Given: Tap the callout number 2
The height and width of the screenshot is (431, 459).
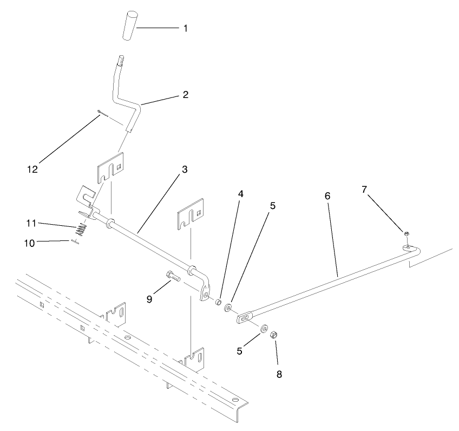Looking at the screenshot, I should [185, 95].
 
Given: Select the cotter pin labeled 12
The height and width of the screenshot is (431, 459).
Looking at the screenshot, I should [102, 113].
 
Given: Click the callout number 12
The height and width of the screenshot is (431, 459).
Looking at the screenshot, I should [32, 169].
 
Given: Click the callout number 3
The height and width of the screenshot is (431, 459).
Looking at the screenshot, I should [185, 169].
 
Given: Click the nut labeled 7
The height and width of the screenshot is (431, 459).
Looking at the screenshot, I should [405, 233].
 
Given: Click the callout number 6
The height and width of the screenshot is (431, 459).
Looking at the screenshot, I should [328, 196].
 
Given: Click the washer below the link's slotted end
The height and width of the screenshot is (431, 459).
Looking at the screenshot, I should [264, 329].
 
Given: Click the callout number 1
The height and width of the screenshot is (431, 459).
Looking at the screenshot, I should [185, 28].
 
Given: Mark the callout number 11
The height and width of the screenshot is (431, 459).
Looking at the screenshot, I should [32, 223].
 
